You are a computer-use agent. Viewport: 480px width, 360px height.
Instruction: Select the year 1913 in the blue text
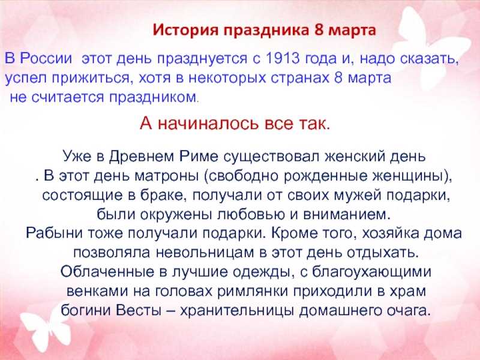coord(283,58)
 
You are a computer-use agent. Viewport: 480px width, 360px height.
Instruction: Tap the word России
coord(46,58)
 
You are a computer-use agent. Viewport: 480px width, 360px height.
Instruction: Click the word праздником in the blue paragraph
coord(153,97)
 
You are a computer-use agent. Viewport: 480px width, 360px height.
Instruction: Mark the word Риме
coord(199,156)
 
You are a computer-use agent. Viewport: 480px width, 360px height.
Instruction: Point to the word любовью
coord(251,214)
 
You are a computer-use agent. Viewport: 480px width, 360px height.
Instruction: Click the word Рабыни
coord(54,233)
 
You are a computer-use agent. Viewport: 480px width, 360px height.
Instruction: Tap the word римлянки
coord(253,292)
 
